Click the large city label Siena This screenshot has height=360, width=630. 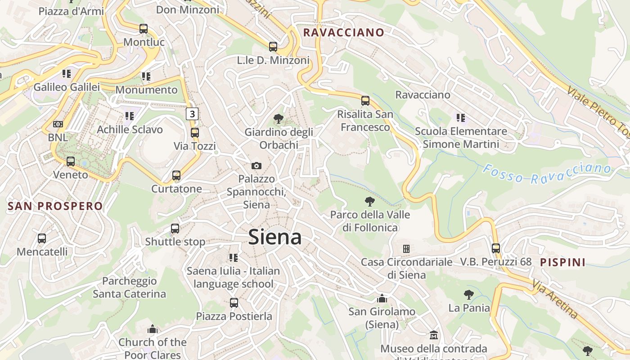tap(274, 237)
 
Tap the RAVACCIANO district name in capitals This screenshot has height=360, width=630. tap(344, 32)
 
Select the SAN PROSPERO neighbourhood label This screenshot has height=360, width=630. tap(55, 207)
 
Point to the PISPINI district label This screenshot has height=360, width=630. tap(562, 262)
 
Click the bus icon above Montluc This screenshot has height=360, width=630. tap(144, 29)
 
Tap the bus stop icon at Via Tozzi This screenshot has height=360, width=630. tap(195, 133)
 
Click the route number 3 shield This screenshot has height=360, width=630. tap(193, 114)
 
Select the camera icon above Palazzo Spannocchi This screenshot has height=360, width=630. tap(256, 166)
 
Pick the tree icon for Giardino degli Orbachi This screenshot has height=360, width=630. tap(279, 119)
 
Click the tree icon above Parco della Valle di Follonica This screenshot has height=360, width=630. tap(370, 201)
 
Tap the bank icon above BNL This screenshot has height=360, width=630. tap(58, 124)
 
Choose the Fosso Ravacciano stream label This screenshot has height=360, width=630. tap(547, 174)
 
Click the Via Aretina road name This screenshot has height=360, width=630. tap(555, 299)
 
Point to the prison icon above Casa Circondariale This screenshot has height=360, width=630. tap(406, 248)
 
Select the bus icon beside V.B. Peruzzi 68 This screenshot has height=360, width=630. tap(496, 248)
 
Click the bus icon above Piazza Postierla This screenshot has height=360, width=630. tap(234, 303)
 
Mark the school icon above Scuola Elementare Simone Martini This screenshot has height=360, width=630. tap(460, 118)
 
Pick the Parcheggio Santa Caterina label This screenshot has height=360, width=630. tap(130, 288)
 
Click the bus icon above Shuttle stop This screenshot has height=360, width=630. tap(175, 229)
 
